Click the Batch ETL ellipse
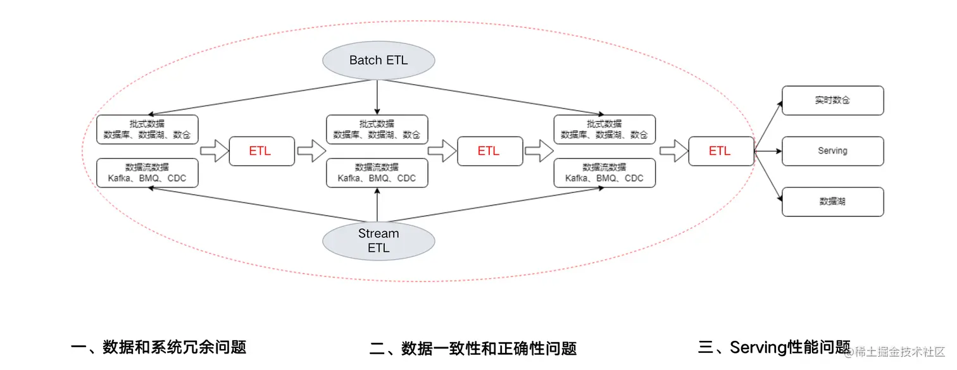pyautogui.click(x=378, y=60)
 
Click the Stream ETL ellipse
pyautogui.click(x=378, y=241)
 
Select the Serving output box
pyautogui.click(x=833, y=151)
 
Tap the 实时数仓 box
pyautogui.click(x=833, y=101)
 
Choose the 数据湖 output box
pyautogui.click(x=833, y=201)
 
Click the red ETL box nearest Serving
pyautogui.click(x=721, y=151)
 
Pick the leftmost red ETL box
pyautogui.click(x=262, y=151)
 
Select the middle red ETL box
pyautogui.click(x=490, y=151)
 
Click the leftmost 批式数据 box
pyautogui.click(x=147, y=129)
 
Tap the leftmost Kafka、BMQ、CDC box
pyautogui.click(x=147, y=173)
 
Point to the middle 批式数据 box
pyautogui.click(x=377, y=129)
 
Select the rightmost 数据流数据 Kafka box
pyautogui.click(x=604, y=173)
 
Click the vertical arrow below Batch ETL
pyautogui.click(x=377, y=97)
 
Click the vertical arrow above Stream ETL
pyautogui.click(x=377, y=205)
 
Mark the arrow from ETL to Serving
pyautogui.click(x=768, y=151)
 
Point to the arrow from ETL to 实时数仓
pyautogui.click(x=768, y=125)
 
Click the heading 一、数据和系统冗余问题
pyautogui.click(x=158, y=347)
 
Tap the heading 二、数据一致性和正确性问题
pyautogui.click(x=473, y=348)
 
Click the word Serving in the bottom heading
pyautogui.click(x=758, y=347)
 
